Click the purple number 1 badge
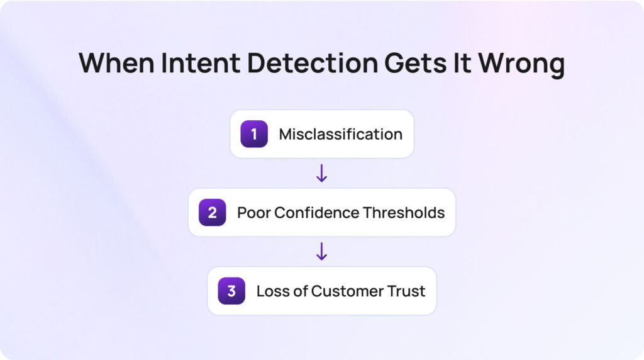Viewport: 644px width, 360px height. [254, 134]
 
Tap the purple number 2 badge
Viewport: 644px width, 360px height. [212, 213]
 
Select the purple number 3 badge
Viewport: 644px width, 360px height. [231, 291]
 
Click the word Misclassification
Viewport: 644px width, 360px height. [340, 134]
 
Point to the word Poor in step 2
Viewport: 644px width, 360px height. [252, 213]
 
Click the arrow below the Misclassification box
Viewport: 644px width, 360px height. [321, 173]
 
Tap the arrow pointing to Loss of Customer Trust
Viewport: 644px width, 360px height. [321, 251]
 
